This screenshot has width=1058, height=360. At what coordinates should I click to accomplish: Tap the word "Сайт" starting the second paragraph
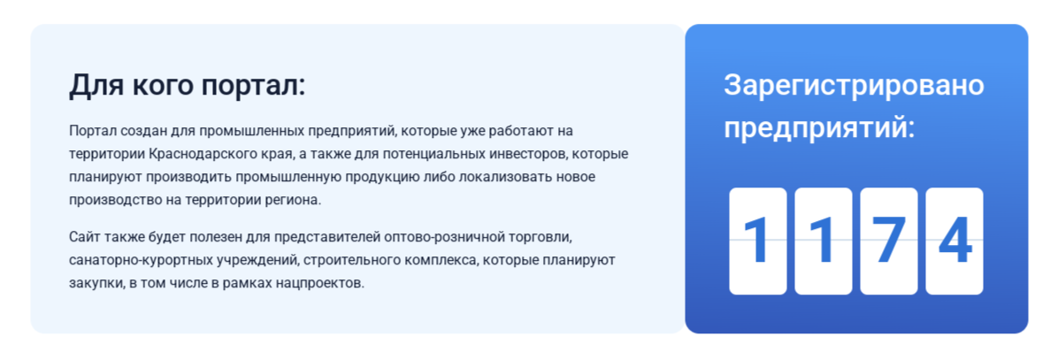(83, 237)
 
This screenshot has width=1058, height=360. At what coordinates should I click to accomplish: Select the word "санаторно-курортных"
(128, 260)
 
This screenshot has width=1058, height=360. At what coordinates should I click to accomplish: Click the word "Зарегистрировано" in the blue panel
(854, 87)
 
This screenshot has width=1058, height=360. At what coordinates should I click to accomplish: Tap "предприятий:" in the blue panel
(819, 127)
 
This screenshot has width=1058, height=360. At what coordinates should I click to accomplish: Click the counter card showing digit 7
(889, 241)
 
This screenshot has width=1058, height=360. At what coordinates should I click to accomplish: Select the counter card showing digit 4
(954, 241)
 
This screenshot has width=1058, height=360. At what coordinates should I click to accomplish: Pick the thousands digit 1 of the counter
(758, 241)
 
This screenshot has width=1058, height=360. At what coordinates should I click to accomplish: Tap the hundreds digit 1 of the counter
(824, 241)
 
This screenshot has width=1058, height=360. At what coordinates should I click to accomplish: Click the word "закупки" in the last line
(96, 283)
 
